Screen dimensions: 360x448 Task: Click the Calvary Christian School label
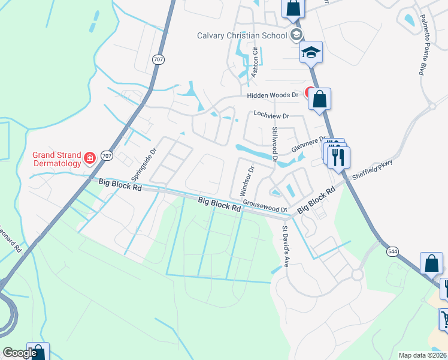(x=242, y=35)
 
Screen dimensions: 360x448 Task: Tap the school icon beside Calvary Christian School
(x=296, y=35)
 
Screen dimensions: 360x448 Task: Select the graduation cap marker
(x=311, y=52)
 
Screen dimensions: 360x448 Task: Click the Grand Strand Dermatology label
(x=56, y=158)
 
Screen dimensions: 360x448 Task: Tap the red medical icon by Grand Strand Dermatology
(x=90, y=158)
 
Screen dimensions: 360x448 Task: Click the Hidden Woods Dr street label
(x=272, y=95)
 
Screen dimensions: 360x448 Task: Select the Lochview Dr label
(x=271, y=114)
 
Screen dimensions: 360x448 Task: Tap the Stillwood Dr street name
(x=275, y=144)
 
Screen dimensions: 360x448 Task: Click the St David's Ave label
(x=286, y=246)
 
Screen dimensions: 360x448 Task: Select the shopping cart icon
(x=445, y=319)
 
